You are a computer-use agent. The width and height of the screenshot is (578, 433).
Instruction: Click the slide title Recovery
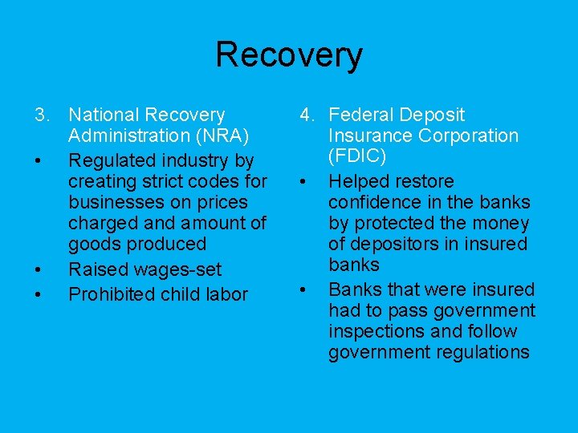point(289,55)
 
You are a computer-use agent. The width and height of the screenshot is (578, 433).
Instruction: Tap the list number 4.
point(307,115)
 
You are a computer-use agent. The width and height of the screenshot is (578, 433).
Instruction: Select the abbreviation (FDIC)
point(358,157)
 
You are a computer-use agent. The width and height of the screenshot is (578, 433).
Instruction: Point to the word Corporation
point(466,136)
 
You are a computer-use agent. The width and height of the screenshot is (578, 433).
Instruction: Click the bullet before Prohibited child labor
point(39,295)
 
